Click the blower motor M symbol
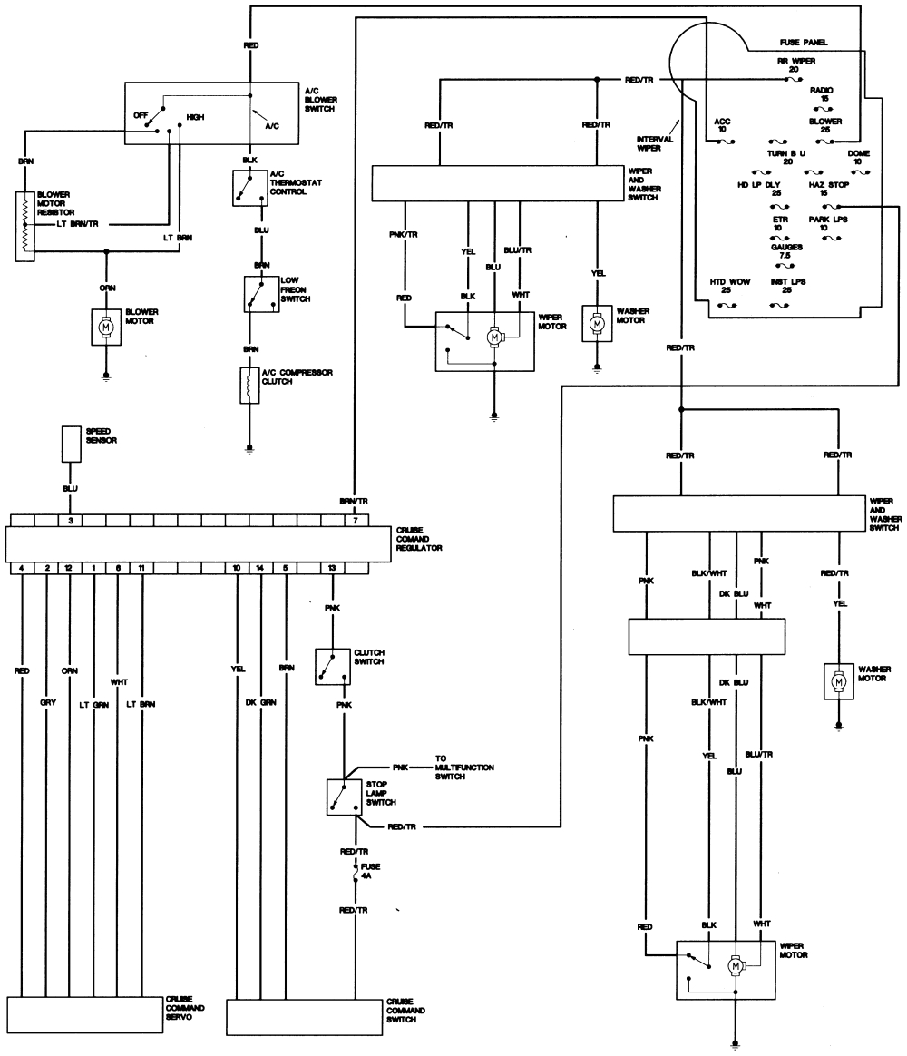(107, 325)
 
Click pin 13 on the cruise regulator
(332, 567)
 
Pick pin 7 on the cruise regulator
(356, 521)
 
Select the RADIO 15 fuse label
(821, 93)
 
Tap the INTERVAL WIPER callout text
(654, 142)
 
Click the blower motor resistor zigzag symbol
(24, 226)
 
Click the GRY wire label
(47, 703)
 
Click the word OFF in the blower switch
(141, 115)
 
